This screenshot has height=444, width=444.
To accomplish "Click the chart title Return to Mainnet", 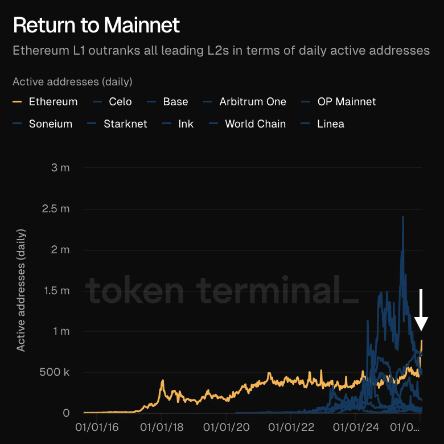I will (x=96, y=25).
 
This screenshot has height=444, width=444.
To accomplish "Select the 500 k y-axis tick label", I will (x=55, y=372).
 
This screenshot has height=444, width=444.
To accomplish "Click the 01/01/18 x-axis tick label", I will (x=162, y=425).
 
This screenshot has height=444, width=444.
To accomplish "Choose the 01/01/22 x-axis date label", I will (x=291, y=425).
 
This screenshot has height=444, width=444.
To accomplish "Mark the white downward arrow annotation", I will (x=421, y=310).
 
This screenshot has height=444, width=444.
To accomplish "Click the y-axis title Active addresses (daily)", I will (x=21, y=290).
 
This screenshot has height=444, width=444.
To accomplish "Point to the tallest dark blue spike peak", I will (x=403, y=217).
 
